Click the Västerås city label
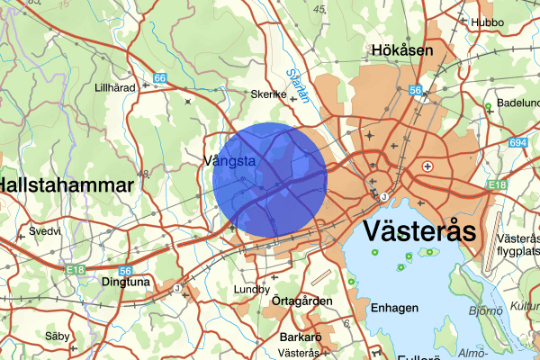click(x=419, y=231)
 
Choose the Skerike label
click(x=269, y=94)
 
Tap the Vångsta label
click(x=230, y=161)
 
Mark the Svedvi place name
click(x=44, y=231)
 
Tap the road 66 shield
click(x=159, y=79)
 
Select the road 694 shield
click(x=518, y=143)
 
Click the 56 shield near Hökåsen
click(x=415, y=90)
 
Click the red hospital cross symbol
click(x=427, y=166)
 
